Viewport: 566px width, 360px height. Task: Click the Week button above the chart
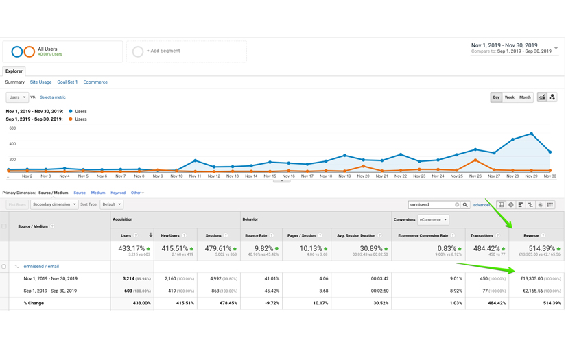[x=509, y=97]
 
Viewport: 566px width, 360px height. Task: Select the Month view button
[x=525, y=97]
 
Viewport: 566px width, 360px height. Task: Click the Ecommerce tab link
[x=95, y=82]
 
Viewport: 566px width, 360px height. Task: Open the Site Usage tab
[x=40, y=82]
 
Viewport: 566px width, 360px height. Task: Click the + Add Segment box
[x=186, y=51]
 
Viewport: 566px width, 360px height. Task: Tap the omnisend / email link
[x=41, y=266]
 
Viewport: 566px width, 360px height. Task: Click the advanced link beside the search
[x=482, y=204]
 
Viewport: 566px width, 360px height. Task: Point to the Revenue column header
[x=531, y=235]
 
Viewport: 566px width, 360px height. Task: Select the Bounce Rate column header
[x=256, y=235]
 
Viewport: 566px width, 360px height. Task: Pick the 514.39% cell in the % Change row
[x=551, y=302]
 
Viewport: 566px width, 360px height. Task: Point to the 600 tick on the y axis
[x=12, y=128]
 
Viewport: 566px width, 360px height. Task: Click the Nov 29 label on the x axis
[x=531, y=176]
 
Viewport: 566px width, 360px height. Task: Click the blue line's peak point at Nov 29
[x=531, y=134]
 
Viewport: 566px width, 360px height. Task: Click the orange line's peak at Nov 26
[x=475, y=160]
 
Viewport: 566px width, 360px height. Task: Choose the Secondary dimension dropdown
[x=54, y=204]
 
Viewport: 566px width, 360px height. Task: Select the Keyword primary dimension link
[x=118, y=193]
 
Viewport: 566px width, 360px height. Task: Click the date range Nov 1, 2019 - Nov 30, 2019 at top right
[x=504, y=45]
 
